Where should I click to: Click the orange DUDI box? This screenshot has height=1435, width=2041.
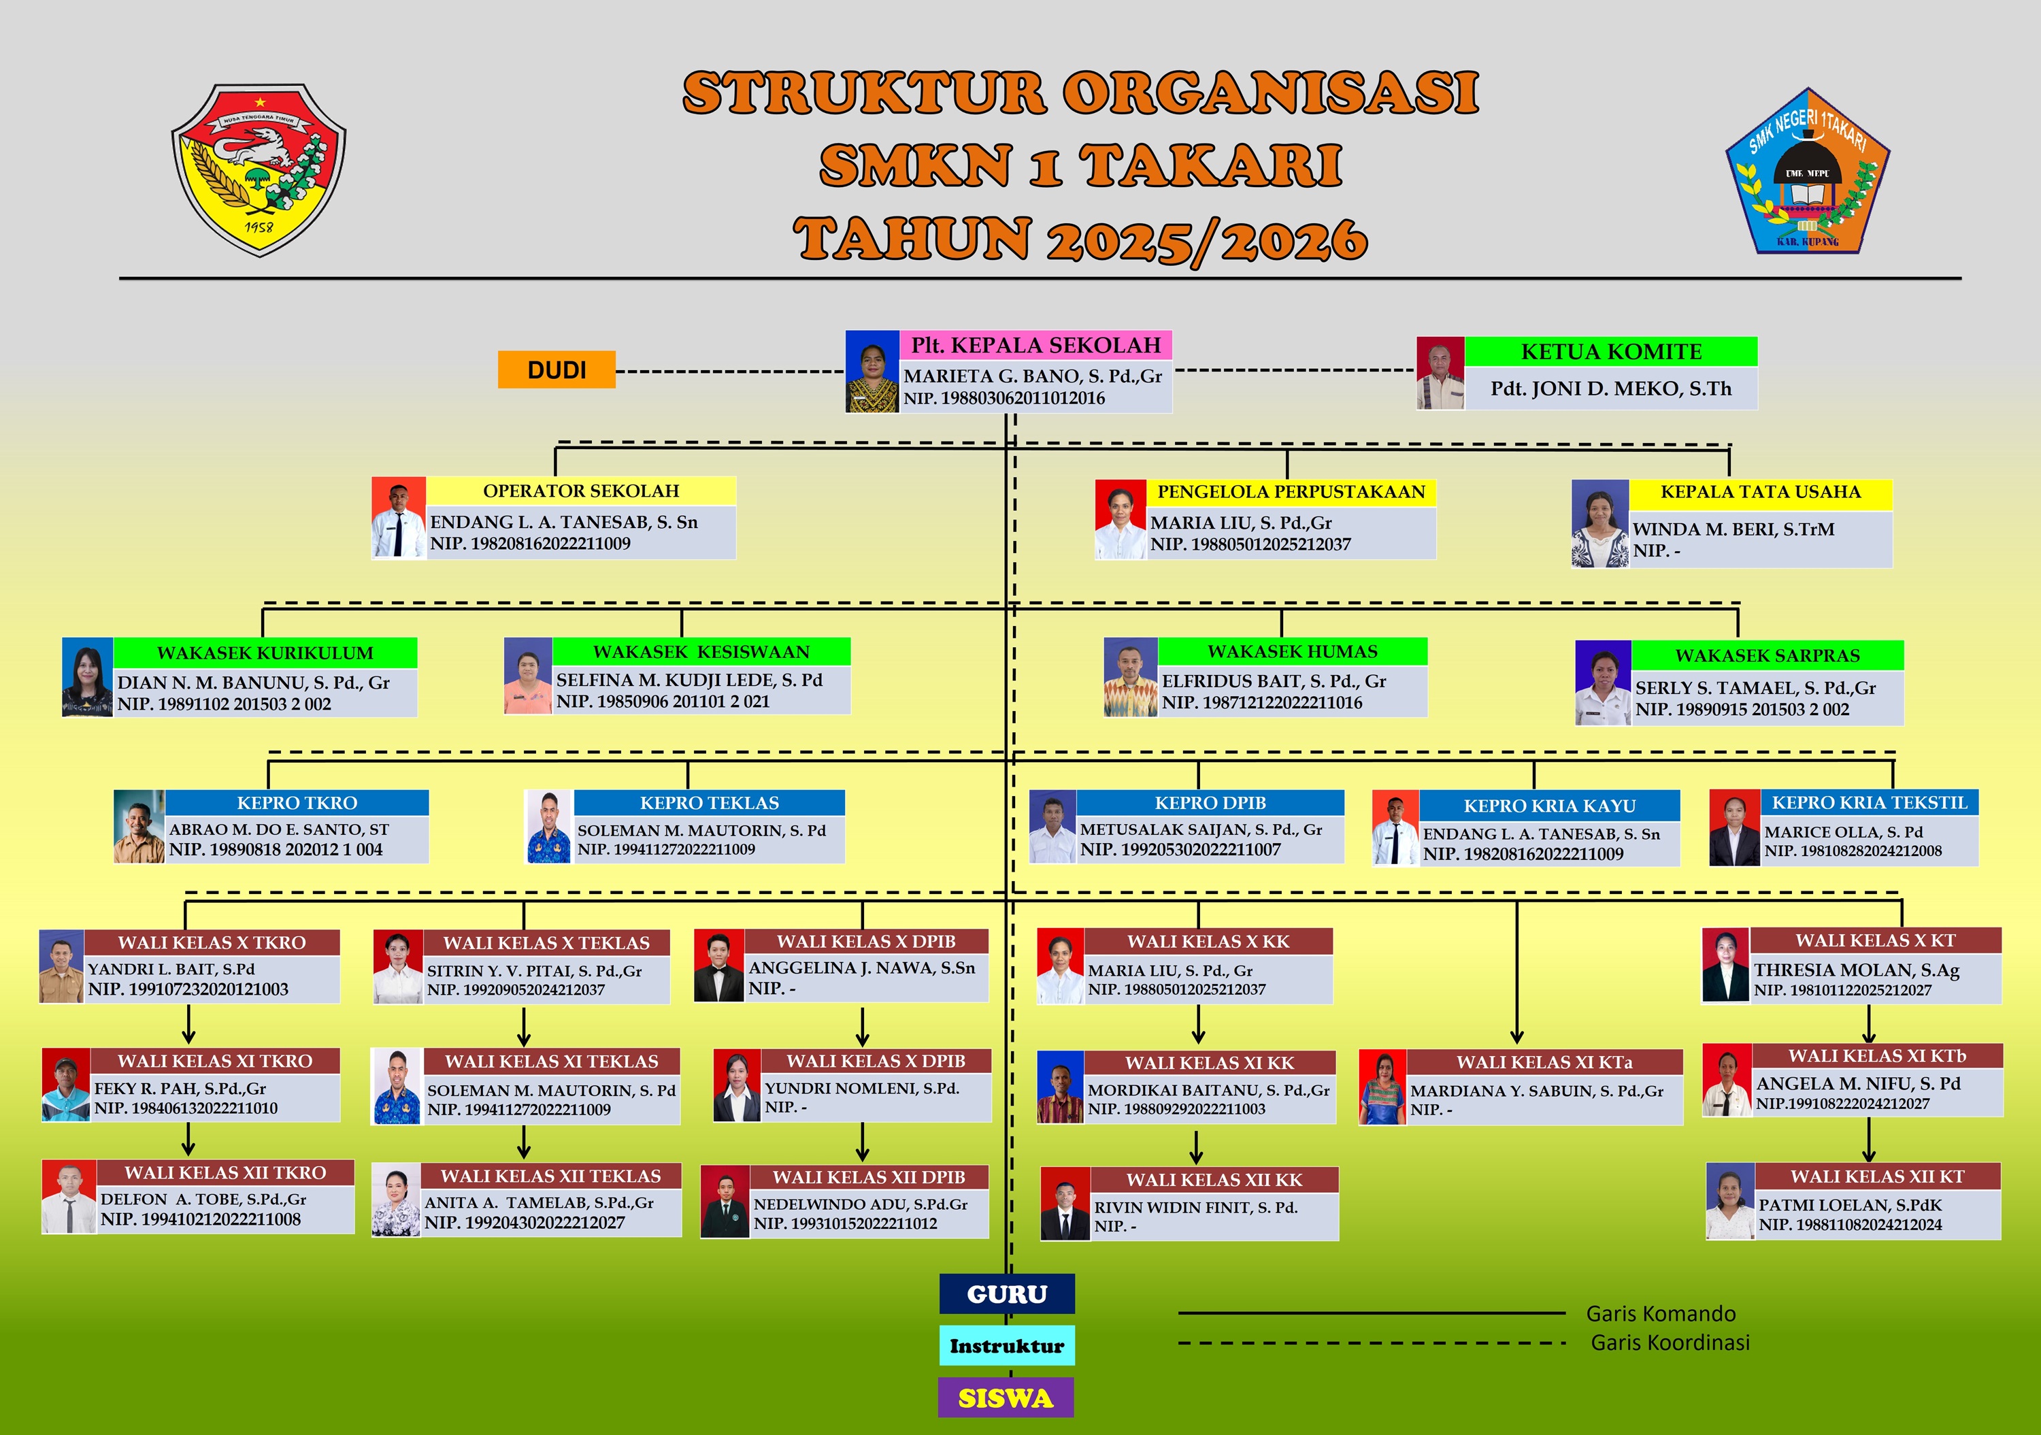tap(557, 370)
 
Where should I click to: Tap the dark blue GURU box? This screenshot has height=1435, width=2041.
tap(1006, 1293)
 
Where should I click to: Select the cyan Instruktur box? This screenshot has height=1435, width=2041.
tap(1006, 1345)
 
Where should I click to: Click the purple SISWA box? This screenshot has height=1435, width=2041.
tap(1006, 1398)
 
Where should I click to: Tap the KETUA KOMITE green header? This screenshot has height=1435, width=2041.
tap(1611, 351)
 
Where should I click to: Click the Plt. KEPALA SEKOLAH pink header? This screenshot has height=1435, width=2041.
tap(1035, 345)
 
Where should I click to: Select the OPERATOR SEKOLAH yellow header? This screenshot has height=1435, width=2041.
tap(580, 491)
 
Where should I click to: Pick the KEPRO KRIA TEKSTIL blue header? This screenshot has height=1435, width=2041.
tap(1870, 803)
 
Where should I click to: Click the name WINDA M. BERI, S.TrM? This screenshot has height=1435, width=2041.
tap(1733, 529)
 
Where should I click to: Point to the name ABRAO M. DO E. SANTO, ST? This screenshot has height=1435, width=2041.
tap(279, 829)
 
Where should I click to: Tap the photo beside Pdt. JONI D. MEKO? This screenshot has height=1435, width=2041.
tap(1440, 374)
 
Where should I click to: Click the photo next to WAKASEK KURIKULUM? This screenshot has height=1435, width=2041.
tap(87, 676)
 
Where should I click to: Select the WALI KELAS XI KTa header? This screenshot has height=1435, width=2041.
tap(1544, 1062)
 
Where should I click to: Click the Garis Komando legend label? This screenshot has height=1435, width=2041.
tap(1661, 1313)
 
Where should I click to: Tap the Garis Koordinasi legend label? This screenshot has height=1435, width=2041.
tap(1670, 1342)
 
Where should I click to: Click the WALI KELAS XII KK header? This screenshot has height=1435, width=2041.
tap(1214, 1180)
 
